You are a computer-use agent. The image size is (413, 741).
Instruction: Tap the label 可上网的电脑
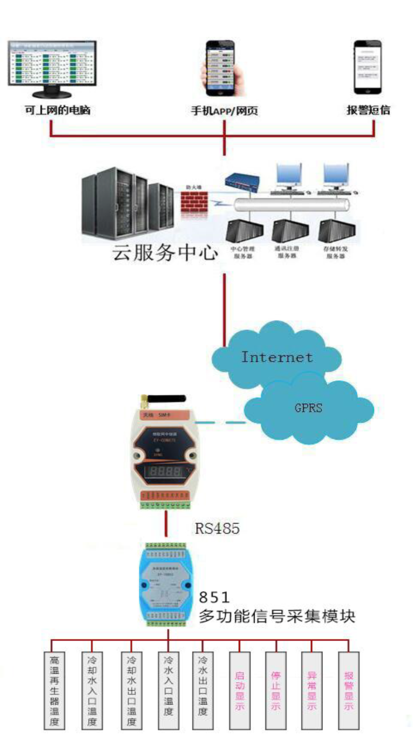pos(57,110)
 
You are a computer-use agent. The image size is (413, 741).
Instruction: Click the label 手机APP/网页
pos(224,111)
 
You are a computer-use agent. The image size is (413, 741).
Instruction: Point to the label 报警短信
pos(368,110)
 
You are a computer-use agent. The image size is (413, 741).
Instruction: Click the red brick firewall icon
pos(194,203)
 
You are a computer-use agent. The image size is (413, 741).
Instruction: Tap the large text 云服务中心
pos(165,252)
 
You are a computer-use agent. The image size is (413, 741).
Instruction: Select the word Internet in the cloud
pos(277,357)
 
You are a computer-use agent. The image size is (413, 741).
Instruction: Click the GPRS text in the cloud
pos(308,408)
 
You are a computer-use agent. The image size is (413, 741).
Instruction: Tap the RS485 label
pos(217,528)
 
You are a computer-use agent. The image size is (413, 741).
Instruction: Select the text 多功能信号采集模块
pos(277,616)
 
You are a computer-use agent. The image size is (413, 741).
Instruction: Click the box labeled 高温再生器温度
pos(54,690)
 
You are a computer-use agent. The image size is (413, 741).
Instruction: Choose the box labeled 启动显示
pos(240,690)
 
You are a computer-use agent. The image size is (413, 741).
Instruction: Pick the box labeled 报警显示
pos(348,690)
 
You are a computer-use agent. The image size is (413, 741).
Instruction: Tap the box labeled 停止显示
pos(276,690)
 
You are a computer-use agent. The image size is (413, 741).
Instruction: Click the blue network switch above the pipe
pos(242,181)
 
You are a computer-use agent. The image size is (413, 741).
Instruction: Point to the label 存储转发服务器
pos(335,252)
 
